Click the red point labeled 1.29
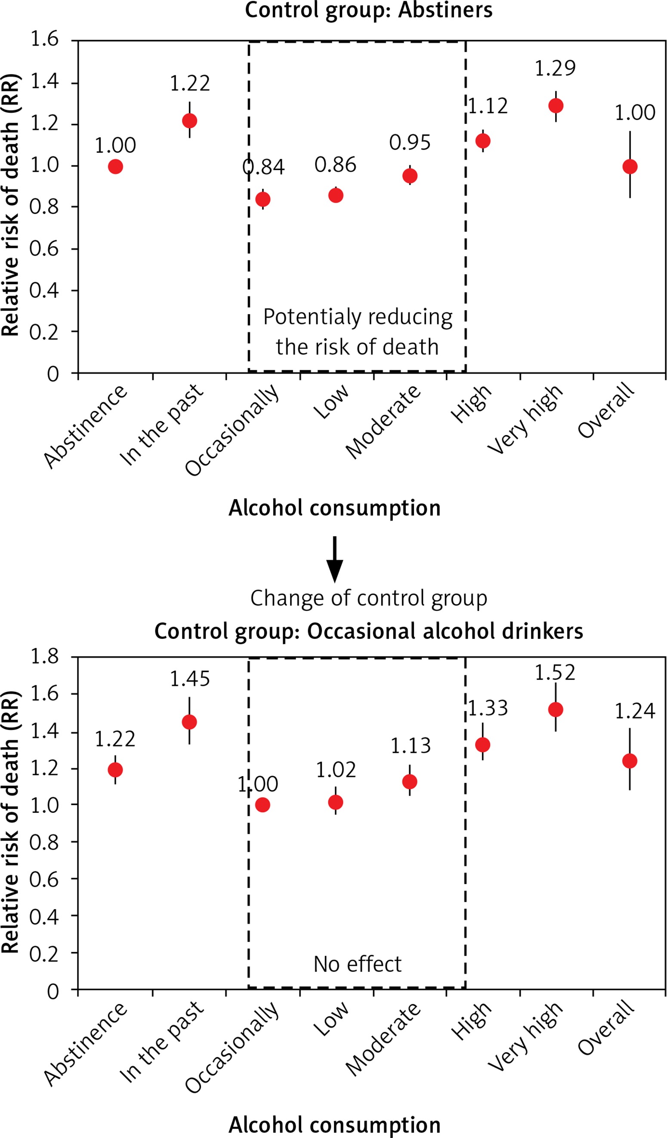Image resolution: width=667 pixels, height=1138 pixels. pyautogui.click(x=556, y=106)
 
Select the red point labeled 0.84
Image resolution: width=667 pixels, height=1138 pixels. pyautogui.click(x=263, y=199)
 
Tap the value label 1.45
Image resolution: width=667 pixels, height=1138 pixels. pyautogui.click(x=190, y=679)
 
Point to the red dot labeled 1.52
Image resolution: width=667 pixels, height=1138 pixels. pyautogui.click(x=556, y=709)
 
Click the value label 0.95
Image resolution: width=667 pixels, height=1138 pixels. pyautogui.click(x=410, y=143)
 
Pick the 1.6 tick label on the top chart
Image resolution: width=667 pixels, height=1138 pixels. pyautogui.click(x=44, y=39)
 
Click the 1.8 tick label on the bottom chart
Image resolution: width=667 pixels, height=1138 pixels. pyautogui.click(x=44, y=657)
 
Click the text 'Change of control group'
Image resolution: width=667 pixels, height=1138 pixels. pyautogui.click(x=368, y=598)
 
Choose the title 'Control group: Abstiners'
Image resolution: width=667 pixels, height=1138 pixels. pyautogui.click(x=368, y=10)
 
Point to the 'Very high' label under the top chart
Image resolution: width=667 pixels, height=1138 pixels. pyautogui.click(x=525, y=420)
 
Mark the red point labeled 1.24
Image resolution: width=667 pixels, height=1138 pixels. pyautogui.click(x=630, y=761)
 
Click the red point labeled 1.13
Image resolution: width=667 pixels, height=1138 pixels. pyautogui.click(x=410, y=781)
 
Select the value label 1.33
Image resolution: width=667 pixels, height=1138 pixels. pyautogui.click(x=488, y=708)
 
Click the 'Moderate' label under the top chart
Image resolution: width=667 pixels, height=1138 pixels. pyautogui.click(x=383, y=422)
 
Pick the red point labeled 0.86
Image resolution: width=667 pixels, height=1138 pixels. pyautogui.click(x=336, y=195)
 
